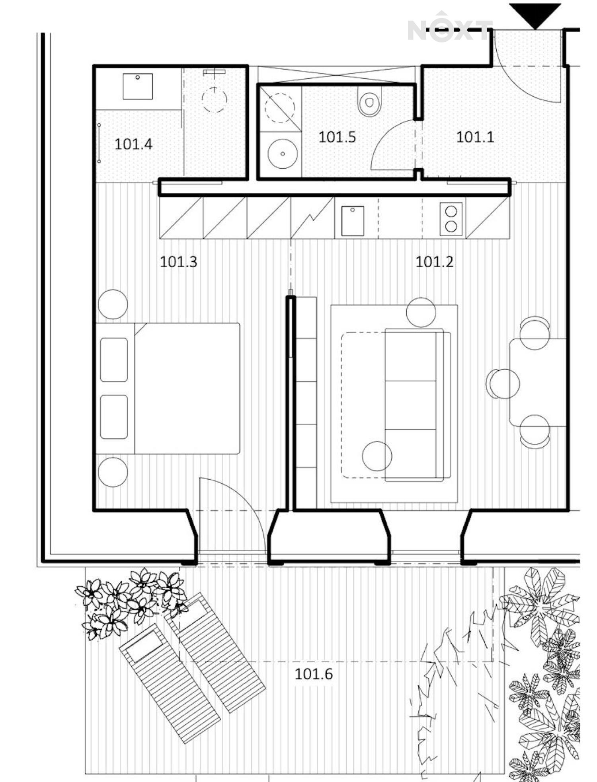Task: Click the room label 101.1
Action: [475, 137]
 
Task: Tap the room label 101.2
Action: [434, 262]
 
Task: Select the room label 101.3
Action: [178, 262]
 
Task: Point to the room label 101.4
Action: [133, 144]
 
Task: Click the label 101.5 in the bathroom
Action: [337, 137]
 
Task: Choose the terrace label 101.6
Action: [314, 674]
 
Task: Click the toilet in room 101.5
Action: [370, 101]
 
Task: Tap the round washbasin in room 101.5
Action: [283, 154]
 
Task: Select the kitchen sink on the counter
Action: [353, 221]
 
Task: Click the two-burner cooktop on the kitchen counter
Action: [451, 219]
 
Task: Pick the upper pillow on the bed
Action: [114, 360]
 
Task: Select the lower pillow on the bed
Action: [114, 417]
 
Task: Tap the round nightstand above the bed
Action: [113, 304]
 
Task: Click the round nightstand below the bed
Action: [113, 472]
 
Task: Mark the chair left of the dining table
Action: [503, 383]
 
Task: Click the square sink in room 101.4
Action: [138, 86]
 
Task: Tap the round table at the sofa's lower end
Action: [377, 456]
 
